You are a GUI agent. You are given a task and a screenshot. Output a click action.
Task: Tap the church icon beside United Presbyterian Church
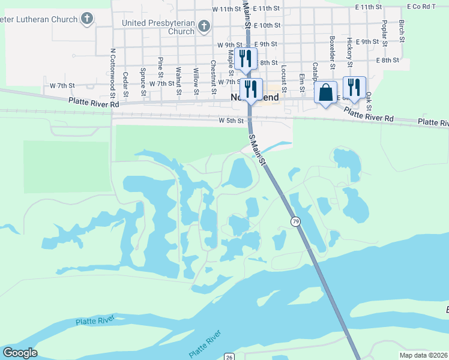tap(203, 26)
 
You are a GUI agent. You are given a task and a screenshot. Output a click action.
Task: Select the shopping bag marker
tap(325, 94)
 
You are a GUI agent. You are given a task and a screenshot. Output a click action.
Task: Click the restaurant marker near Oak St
tap(354, 87)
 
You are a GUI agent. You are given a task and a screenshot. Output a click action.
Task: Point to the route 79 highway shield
tap(295, 221)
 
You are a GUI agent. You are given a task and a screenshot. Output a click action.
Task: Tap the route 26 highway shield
tap(229, 356)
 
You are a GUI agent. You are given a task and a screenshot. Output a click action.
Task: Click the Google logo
tap(20, 353)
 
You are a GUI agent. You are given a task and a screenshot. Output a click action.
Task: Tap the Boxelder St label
tap(332, 47)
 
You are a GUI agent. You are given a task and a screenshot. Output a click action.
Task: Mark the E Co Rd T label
tap(420, 7)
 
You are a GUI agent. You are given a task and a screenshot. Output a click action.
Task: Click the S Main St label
tap(257, 148)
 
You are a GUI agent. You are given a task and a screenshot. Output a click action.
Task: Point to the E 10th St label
tap(267, 26)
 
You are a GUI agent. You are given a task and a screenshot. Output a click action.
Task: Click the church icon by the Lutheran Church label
tap(87, 18)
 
